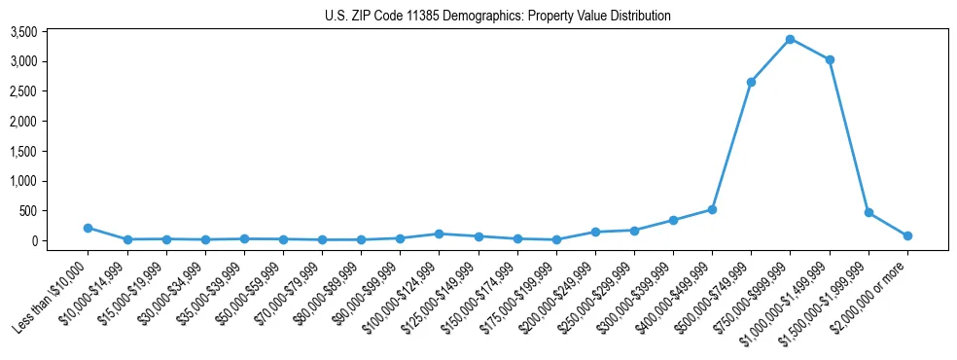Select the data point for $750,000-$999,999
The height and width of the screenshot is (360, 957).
[790, 39]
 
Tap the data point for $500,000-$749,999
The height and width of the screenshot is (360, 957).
[751, 82]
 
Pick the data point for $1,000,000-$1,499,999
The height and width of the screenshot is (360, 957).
[830, 59]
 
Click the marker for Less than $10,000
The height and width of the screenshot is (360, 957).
[88, 228]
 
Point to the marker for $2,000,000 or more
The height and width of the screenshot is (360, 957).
[907, 235]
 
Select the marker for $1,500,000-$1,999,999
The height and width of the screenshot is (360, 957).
[868, 212]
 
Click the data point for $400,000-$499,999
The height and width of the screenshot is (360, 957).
[712, 209]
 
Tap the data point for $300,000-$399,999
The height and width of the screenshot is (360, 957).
[673, 220]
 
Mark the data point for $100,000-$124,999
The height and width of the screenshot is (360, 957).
[440, 234]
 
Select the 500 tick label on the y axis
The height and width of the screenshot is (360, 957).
[55, 211]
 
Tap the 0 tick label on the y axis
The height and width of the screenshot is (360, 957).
[60, 240]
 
